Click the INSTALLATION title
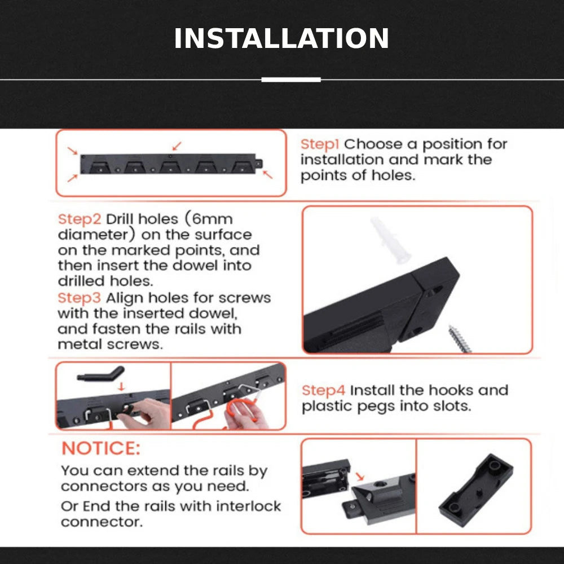(281, 38)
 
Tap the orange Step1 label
(320, 144)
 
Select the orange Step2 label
(80, 219)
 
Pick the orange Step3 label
(80, 298)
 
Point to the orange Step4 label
(323, 391)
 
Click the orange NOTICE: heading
(101, 448)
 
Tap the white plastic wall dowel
(390, 240)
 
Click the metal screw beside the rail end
(459, 339)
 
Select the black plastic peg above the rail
(101, 374)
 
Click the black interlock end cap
(476, 490)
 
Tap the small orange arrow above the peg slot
(121, 387)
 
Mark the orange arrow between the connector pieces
(360, 477)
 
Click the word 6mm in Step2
(213, 219)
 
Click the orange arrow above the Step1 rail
(177, 146)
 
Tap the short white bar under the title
(291, 80)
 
